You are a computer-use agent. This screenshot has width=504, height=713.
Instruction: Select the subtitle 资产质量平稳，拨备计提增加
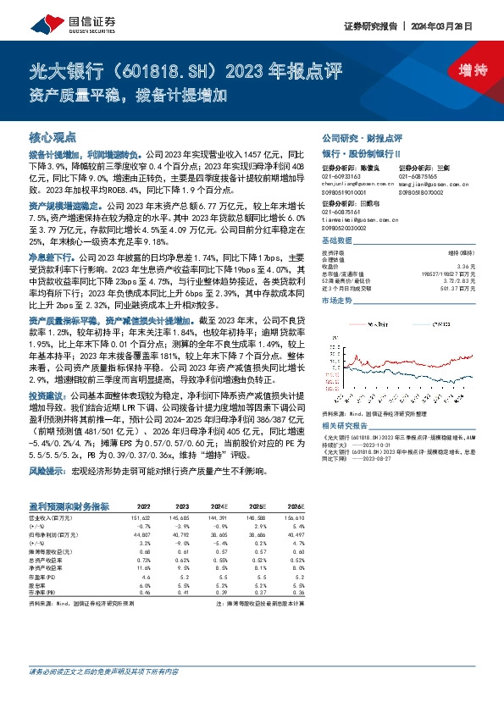tap(118, 94)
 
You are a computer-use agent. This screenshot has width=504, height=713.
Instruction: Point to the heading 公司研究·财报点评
tap(362, 137)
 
